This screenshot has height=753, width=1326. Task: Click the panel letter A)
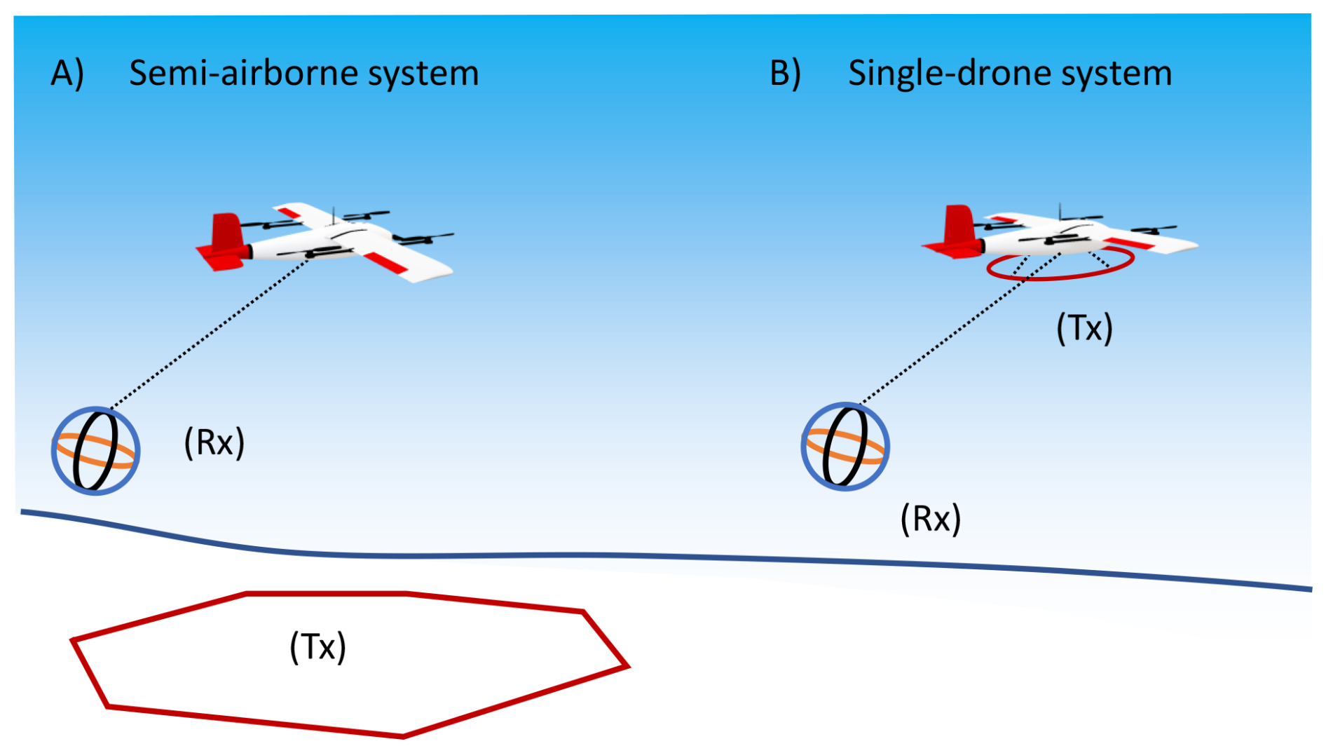click(67, 74)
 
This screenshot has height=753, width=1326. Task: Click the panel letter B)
click(785, 74)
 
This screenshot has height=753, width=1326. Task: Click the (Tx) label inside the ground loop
click(317, 646)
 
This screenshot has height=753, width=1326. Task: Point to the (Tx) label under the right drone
click(1084, 328)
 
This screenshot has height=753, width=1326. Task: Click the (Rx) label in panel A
click(214, 443)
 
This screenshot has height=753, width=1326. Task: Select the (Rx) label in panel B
click(930, 520)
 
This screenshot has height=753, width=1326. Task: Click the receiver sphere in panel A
click(95, 451)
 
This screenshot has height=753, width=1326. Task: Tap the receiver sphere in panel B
click(845, 447)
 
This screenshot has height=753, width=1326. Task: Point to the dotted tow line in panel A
click(210, 332)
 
